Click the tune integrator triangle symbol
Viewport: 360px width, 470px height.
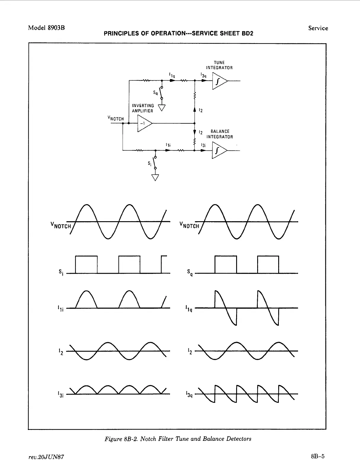click(x=219, y=81)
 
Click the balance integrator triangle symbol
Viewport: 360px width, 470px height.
click(x=219, y=151)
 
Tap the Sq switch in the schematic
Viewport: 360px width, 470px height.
click(x=161, y=93)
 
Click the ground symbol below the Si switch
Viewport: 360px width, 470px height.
click(x=155, y=177)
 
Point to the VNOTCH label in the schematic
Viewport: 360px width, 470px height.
click(x=116, y=119)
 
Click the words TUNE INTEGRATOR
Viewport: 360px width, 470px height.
click(x=219, y=65)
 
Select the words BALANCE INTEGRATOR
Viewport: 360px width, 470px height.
click(x=220, y=134)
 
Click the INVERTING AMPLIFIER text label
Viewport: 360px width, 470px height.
click(x=143, y=108)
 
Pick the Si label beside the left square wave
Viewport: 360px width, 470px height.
click(x=61, y=272)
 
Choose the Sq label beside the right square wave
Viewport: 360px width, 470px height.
click(x=190, y=272)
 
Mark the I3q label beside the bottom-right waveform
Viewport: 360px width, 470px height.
click(x=189, y=394)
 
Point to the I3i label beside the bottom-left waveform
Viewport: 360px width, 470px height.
click(x=60, y=394)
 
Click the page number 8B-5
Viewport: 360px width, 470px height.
click(x=318, y=456)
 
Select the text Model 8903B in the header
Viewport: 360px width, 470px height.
click(x=47, y=28)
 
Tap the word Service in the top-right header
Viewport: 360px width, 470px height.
click(x=318, y=28)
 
